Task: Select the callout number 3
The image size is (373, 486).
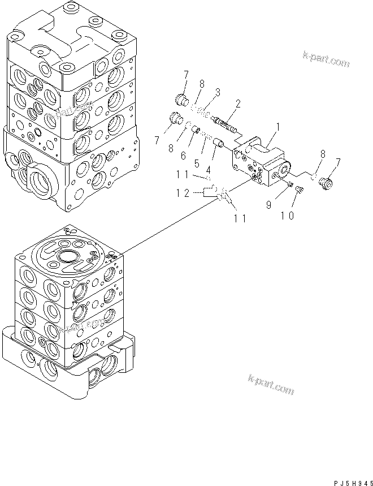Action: click(x=217, y=92)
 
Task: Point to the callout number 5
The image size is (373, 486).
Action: click(x=197, y=163)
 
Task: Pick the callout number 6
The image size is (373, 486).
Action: click(x=183, y=154)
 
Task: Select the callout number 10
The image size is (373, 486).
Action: click(x=287, y=216)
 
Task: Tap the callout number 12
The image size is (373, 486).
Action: click(x=182, y=193)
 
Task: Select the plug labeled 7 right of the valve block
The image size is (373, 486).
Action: click(x=326, y=185)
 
